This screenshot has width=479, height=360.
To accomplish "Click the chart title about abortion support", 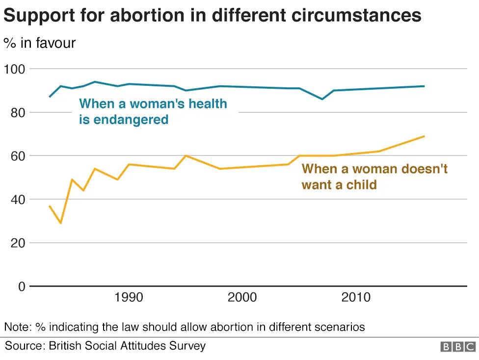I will (212, 16).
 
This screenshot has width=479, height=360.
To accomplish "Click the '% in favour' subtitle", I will (40, 43).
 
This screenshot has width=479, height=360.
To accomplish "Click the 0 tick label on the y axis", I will (21, 286).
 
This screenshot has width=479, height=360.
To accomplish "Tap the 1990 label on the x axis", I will (128, 298).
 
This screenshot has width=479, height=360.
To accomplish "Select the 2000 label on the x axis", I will (242, 298).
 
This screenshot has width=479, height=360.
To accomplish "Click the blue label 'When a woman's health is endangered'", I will (153, 111).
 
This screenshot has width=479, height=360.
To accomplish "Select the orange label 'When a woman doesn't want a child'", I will (374, 177).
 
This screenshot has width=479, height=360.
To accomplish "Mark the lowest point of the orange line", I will (61, 223).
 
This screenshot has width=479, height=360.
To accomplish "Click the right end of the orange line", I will (424, 136).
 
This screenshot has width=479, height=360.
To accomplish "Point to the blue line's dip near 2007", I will (322, 99).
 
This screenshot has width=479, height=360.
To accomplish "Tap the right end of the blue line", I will (424, 86).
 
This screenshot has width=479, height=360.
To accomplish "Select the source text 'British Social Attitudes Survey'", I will (127, 346).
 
